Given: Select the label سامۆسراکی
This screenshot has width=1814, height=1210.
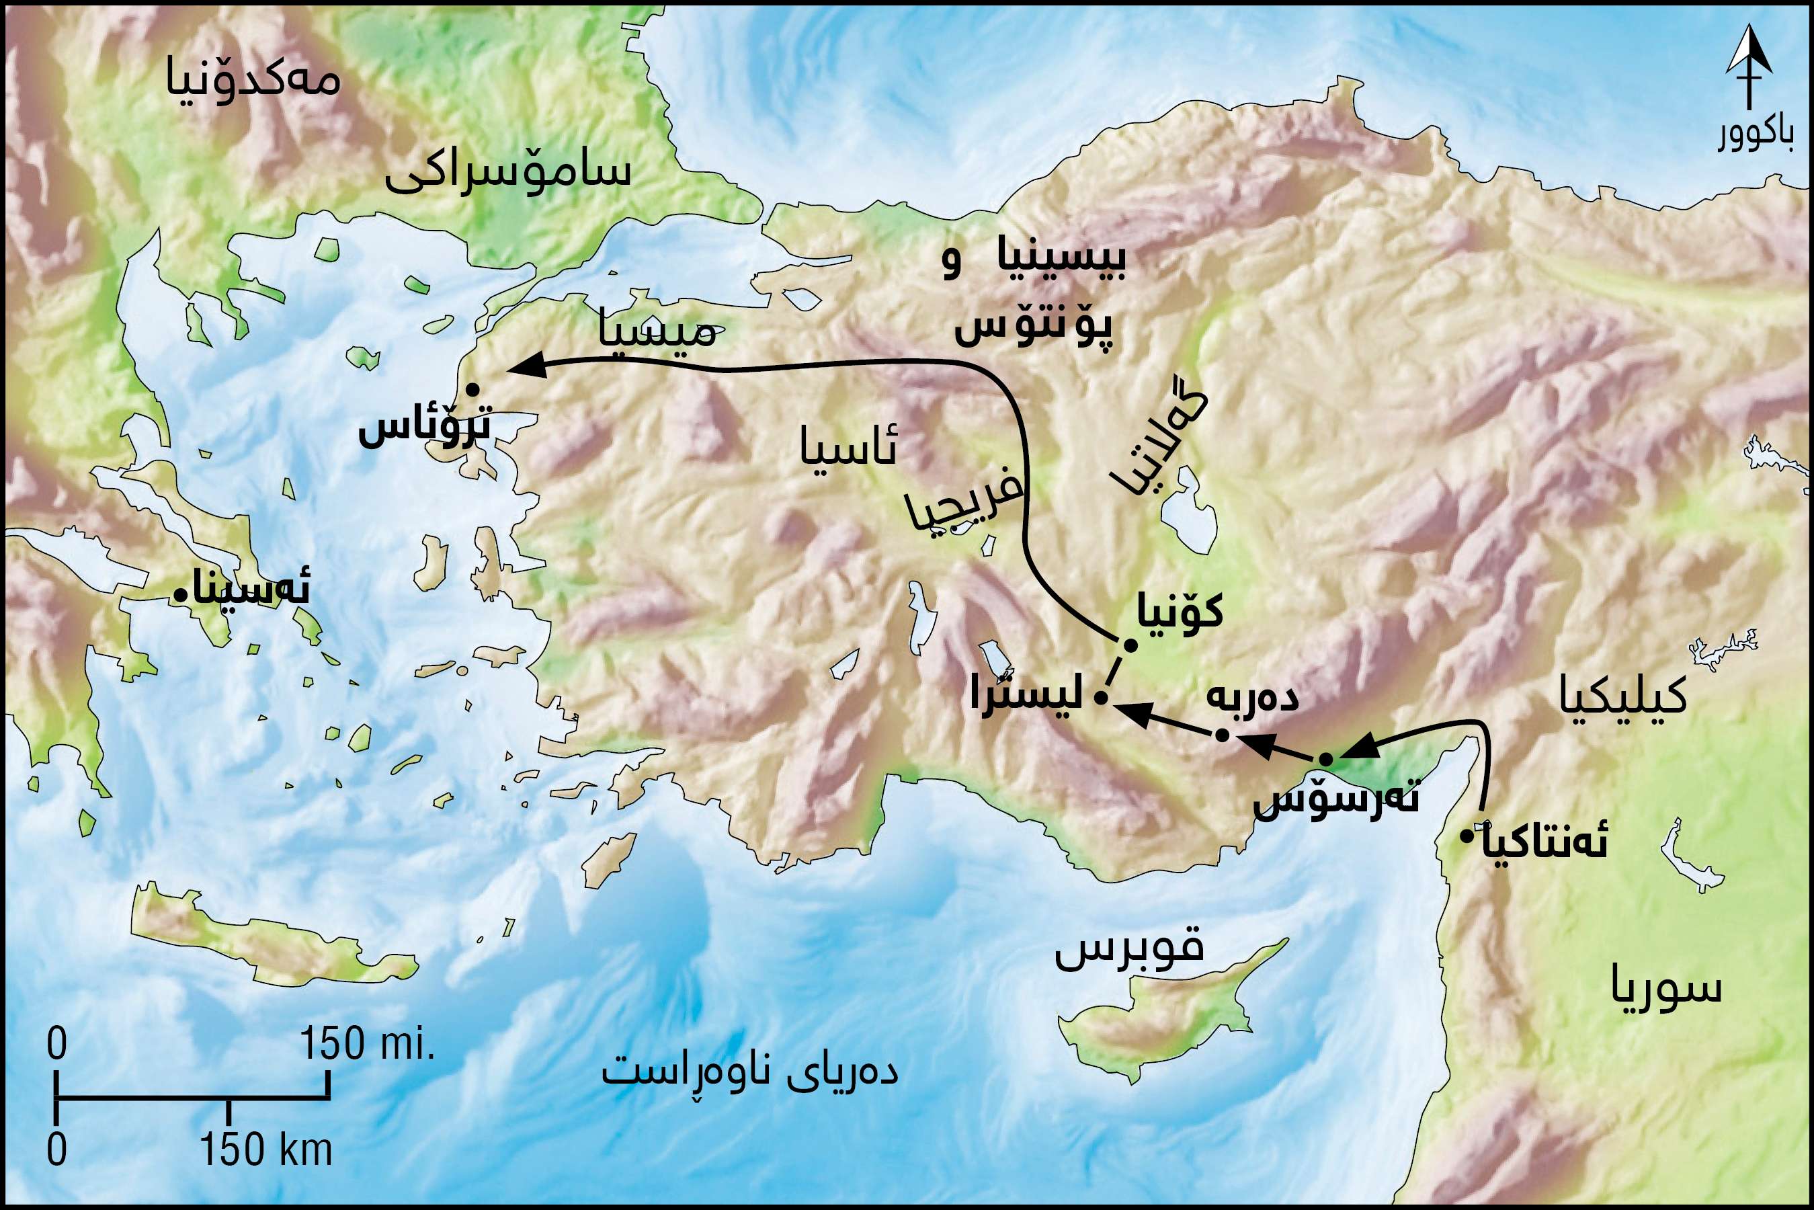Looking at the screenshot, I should [x=507, y=173].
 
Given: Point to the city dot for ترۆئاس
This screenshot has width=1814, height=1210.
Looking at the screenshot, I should [x=472, y=390].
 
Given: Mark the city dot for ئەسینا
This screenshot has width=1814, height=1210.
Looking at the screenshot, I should [x=178, y=594].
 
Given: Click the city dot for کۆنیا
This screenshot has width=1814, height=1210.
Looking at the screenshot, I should [x=1130, y=645].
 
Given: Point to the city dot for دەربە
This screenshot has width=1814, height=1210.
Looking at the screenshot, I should [x=1221, y=735].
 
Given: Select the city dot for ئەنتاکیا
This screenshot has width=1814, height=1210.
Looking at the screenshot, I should [x=1467, y=835].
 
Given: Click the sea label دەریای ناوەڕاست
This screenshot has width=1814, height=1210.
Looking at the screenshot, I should [x=750, y=1073].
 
